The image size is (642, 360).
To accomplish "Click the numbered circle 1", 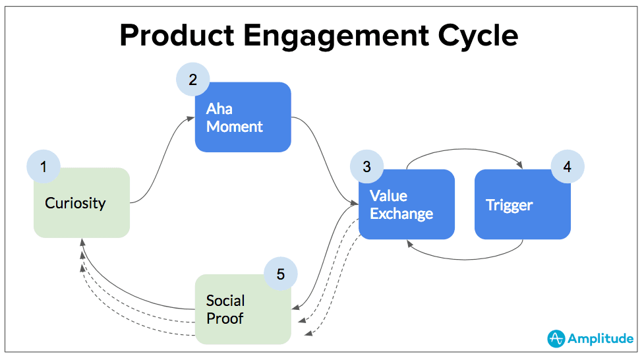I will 44,167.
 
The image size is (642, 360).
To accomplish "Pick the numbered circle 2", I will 192,80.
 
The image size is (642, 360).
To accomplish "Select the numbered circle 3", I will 366,167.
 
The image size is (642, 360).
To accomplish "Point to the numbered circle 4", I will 567,167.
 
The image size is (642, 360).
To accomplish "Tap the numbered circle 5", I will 280,274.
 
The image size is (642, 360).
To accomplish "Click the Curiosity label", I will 75,203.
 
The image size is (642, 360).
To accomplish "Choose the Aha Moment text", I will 234,117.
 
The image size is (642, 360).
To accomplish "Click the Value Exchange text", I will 401,205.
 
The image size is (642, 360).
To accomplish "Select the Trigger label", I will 509,205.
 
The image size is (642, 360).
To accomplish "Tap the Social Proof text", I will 225,310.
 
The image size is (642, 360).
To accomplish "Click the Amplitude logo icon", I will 556,338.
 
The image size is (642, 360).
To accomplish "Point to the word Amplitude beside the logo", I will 601,339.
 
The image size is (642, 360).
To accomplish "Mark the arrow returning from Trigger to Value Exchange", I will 465,255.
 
